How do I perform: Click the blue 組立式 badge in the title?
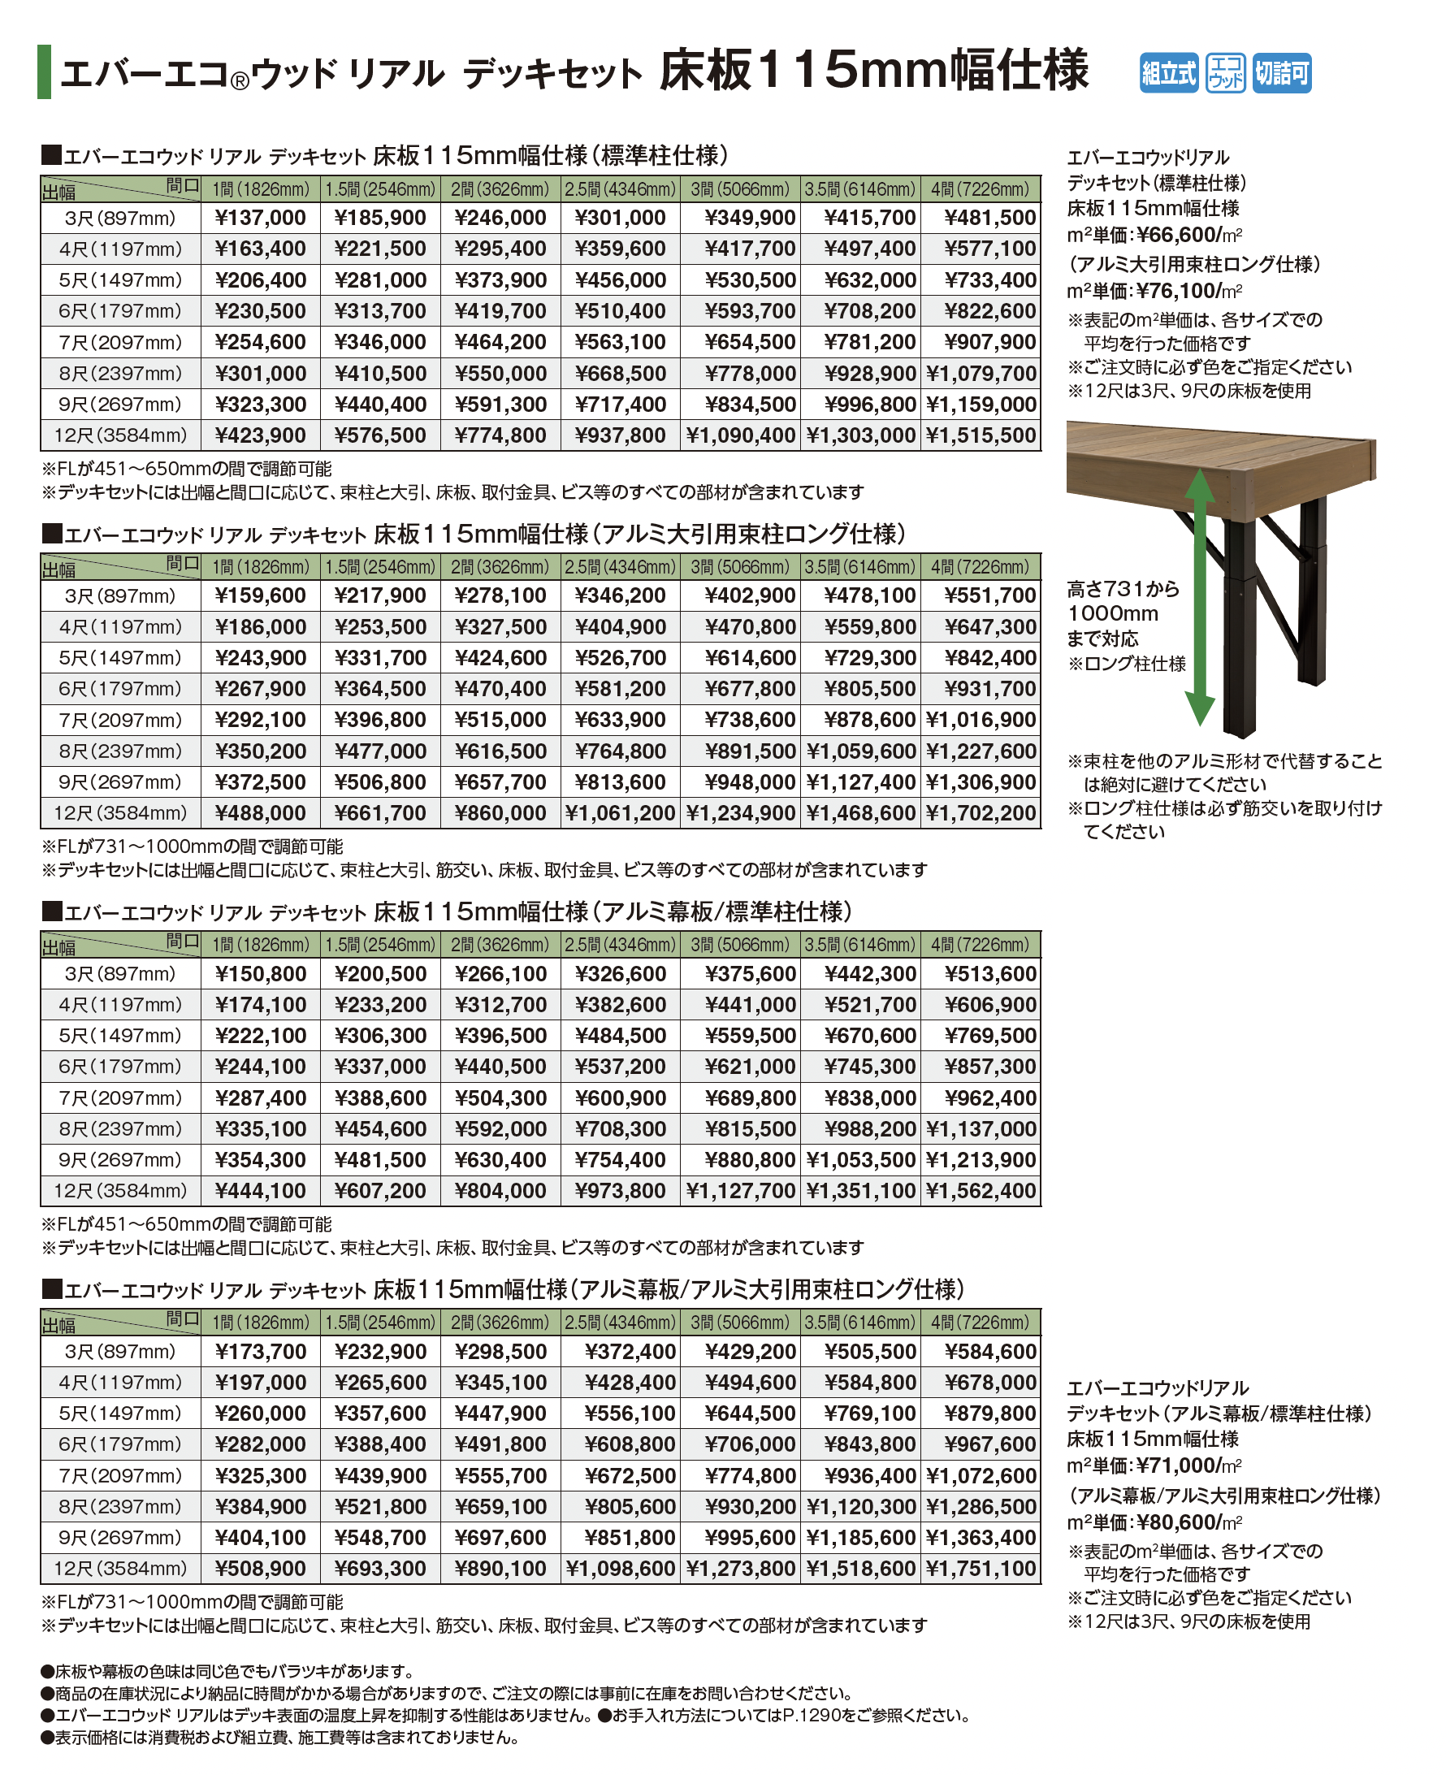1168,73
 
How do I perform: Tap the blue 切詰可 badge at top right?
1282,73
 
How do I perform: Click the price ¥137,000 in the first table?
260,219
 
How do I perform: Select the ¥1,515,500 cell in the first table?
981,435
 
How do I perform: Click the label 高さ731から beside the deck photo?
1123,590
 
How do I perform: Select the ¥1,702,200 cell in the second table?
981,814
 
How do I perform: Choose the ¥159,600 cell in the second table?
260,596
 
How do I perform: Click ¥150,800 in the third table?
260,975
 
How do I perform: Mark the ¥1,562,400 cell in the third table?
981,1192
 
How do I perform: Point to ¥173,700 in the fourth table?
260,1352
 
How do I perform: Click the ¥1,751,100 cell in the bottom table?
981,1569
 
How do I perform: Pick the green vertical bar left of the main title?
44,71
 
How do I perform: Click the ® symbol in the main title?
239,81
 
